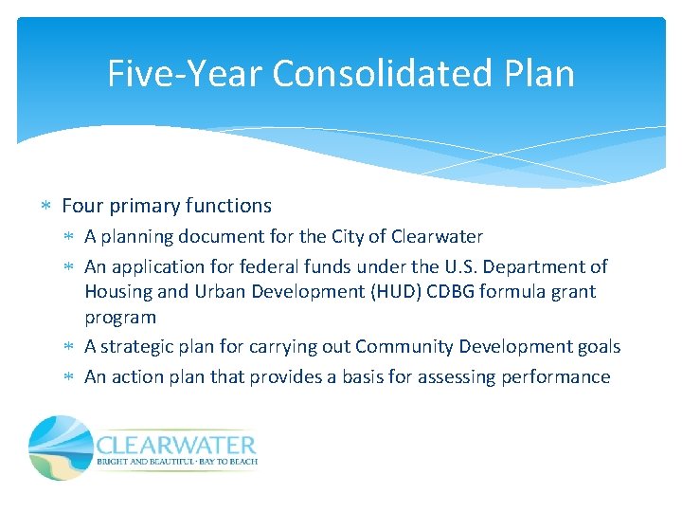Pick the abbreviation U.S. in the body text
(468, 267)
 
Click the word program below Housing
(120, 317)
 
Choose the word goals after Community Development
(598, 347)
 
